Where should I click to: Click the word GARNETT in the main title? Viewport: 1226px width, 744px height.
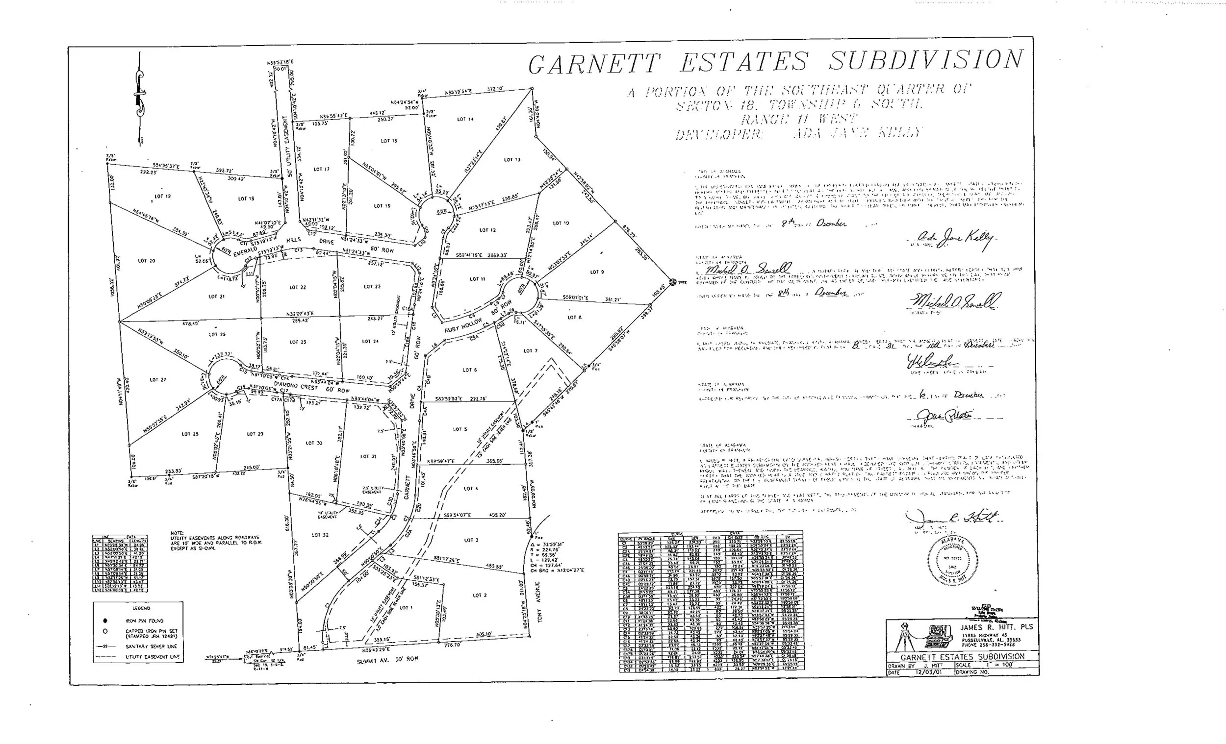[x=594, y=64]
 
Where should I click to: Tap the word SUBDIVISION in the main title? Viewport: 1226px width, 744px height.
[x=926, y=60]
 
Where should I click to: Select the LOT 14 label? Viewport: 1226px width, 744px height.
[x=465, y=120]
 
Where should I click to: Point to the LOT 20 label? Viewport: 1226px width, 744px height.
[x=146, y=261]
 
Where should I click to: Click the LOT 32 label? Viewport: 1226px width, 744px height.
[x=320, y=535]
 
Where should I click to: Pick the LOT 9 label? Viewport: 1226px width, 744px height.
[x=597, y=272]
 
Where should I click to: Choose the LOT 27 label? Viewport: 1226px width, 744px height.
[x=158, y=380]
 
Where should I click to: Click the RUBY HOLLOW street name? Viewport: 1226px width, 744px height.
[x=463, y=326]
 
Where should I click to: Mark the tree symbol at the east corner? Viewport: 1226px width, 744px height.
[x=673, y=282]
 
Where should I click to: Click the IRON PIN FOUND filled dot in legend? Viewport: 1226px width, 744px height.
[x=105, y=620]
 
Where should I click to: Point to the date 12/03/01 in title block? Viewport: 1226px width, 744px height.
[x=928, y=672]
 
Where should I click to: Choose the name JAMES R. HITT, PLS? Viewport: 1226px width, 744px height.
[x=996, y=627]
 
